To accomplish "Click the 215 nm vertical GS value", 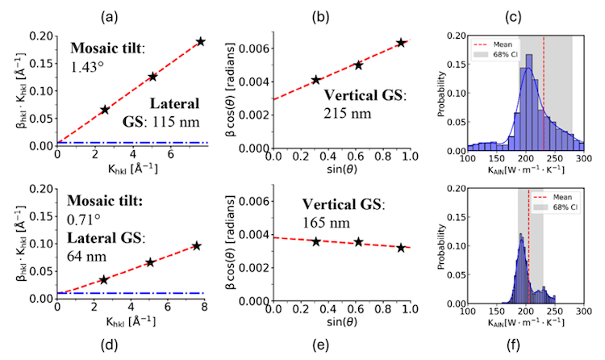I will [348, 114].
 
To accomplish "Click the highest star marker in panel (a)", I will [200, 41].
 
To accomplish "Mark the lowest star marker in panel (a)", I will [104, 110].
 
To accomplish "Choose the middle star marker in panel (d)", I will [151, 262].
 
